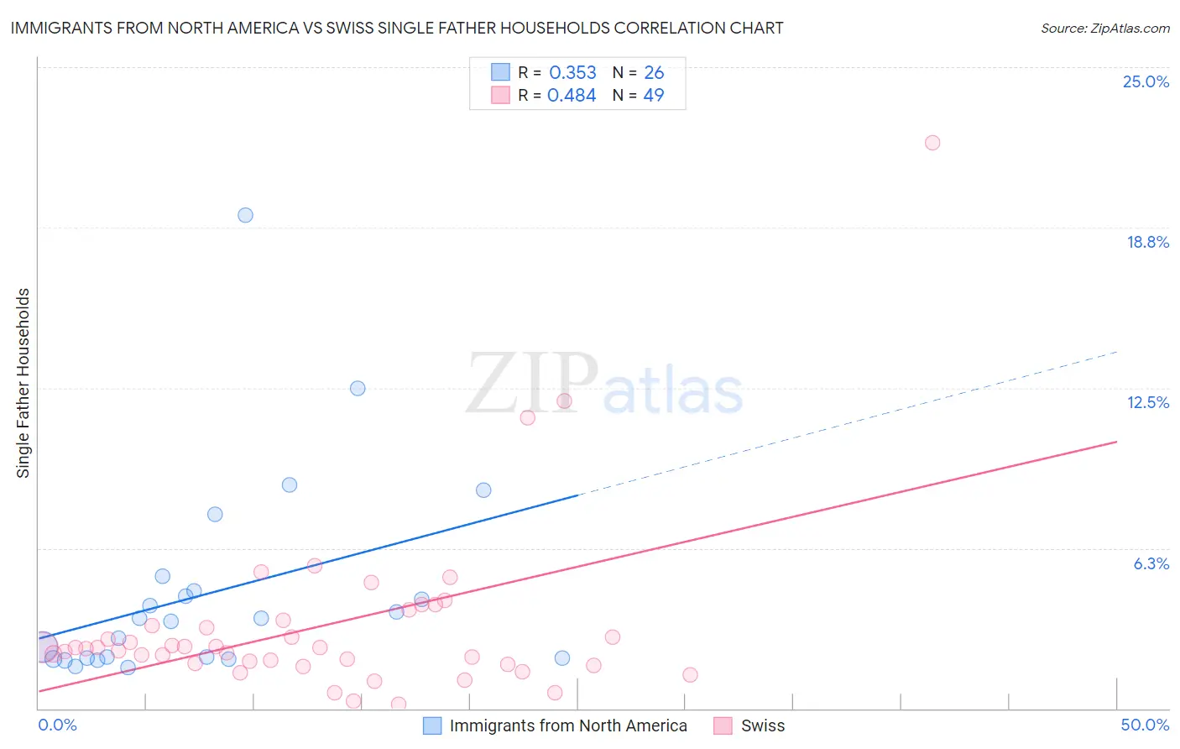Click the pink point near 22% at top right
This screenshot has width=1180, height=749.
(x=932, y=143)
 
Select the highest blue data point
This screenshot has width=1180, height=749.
(x=245, y=215)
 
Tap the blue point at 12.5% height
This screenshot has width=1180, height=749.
(x=358, y=388)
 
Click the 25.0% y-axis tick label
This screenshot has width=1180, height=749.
(x=1146, y=81)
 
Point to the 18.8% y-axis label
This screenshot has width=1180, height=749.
(x=1147, y=242)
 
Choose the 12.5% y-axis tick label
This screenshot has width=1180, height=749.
(x=1147, y=402)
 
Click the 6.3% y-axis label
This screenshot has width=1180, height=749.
(x=1151, y=563)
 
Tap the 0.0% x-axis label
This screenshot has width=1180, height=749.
(x=57, y=725)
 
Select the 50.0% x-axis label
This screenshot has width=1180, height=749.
(x=1144, y=725)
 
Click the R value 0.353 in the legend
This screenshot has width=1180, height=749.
(x=572, y=73)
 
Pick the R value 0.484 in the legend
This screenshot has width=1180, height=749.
(x=572, y=96)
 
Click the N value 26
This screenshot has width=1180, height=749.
(x=654, y=73)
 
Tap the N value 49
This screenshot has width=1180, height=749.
(x=654, y=96)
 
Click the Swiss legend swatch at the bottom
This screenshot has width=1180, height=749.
(x=723, y=725)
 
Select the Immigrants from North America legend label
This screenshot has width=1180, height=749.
(x=568, y=725)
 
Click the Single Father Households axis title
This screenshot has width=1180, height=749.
(x=23, y=383)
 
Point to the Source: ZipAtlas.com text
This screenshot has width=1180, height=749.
(x=1104, y=28)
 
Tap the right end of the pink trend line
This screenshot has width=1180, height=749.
(x=1116, y=442)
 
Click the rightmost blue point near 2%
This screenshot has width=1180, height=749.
(x=562, y=658)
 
